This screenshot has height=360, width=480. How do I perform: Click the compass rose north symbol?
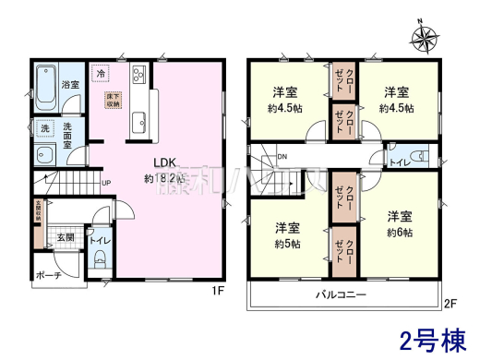click(x=425, y=39)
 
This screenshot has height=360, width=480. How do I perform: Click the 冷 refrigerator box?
click(x=100, y=73)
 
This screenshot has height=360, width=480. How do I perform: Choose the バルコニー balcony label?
click(x=342, y=295)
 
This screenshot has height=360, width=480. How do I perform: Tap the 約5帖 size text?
click(x=287, y=244)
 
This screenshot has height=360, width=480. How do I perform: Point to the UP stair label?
click(x=107, y=183)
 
